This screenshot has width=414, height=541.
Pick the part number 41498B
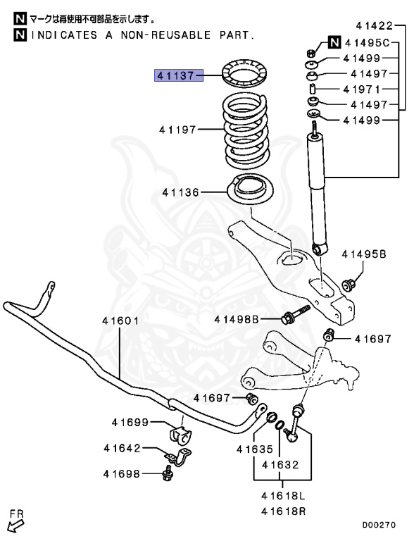pyautogui.click(x=238, y=319)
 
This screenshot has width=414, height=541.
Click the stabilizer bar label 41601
pyautogui.click(x=120, y=321)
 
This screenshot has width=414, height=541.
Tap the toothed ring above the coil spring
pyautogui.click(x=243, y=74)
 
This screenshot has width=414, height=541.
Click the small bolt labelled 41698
pyautogui.click(x=167, y=475)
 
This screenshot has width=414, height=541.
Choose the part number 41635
pyautogui.click(x=253, y=449)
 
